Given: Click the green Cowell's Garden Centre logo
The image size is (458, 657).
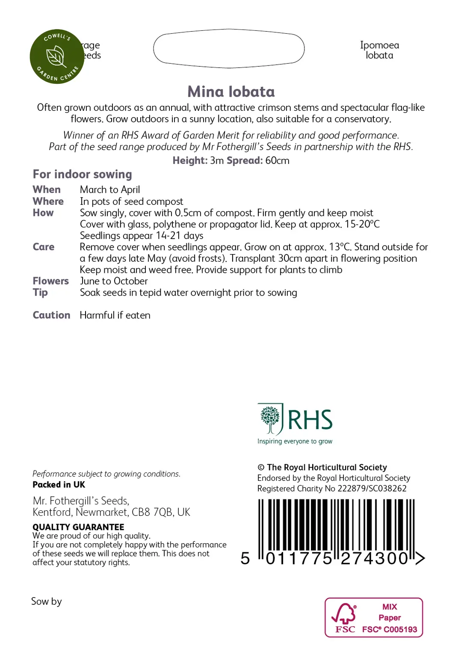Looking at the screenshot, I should (x=57, y=56).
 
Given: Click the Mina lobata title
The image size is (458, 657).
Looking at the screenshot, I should (x=231, y=92).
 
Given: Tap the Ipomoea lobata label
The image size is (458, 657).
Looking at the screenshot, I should (x=379, y=50).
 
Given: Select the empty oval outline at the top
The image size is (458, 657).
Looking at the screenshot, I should (x=229, y=48).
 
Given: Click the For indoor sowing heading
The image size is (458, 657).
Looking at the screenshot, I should (x=82, y=175).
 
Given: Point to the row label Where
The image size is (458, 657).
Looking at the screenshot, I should (x=48, y=201).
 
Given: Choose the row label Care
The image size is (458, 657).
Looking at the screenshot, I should (x=43, y=247).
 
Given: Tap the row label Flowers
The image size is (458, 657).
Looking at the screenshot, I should (x=50, y=281).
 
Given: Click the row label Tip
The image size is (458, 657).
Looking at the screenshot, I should (x=40, y=293).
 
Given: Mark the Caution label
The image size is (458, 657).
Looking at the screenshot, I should (x=51, y=315).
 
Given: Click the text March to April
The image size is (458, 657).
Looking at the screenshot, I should (x=110, y=190).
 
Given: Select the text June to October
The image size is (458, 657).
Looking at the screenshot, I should (x=114, y=281).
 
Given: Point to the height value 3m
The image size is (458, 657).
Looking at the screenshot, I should (x=217, y=161).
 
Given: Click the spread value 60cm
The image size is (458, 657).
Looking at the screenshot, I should (x=277, y=161).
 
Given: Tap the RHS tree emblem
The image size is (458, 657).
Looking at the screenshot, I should (x=270, y=419).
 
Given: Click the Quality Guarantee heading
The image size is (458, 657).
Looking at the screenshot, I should (x=78, y=527).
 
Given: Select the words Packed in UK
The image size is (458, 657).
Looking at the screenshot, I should (x=59, y=485).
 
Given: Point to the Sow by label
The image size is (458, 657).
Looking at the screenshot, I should (x=46, y=601).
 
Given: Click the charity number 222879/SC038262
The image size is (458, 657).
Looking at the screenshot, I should (x=372, y=488).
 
